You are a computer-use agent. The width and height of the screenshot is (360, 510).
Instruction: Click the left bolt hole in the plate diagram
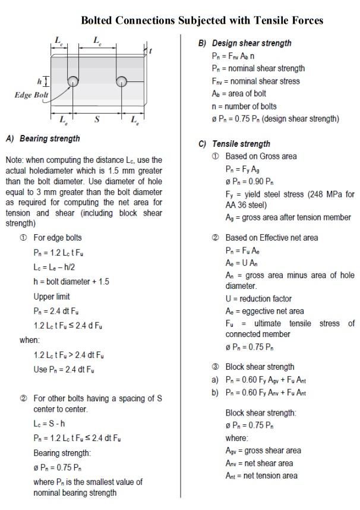coord(72,81)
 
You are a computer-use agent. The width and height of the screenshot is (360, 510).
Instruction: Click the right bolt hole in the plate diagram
coord(122,81)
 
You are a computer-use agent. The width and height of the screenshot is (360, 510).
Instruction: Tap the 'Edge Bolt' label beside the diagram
coord(31,95)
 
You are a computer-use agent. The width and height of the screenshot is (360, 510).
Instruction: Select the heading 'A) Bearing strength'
coord(43,138)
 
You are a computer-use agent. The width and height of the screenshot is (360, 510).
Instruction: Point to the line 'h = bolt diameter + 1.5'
coord(71,282)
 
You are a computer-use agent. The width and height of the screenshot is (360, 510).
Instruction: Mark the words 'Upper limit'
coord(52,297)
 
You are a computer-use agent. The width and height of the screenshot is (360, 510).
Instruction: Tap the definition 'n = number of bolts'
coord(244,106)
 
